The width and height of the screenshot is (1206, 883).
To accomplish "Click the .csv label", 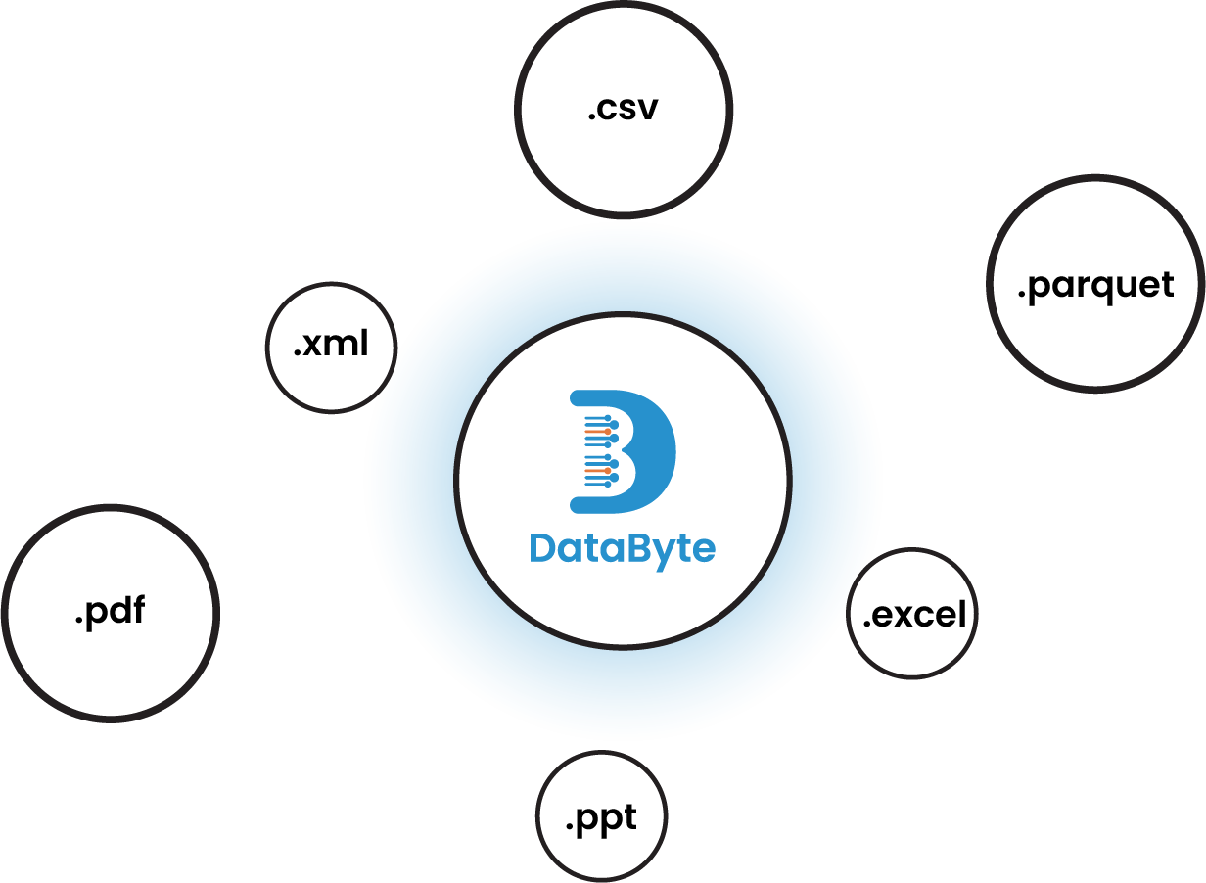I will click(624, 108).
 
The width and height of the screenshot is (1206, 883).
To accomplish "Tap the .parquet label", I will click(1094, 286).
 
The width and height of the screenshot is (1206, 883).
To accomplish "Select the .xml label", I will click(331, 345).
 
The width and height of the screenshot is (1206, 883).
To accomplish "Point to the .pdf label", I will click(110, 612).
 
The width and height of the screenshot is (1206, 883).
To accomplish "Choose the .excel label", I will click(914, 614).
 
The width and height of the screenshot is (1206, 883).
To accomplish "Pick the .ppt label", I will click(601, 818).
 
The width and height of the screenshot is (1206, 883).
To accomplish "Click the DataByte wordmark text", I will click(623, 548).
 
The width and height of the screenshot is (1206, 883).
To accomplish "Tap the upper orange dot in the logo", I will click(608, 431).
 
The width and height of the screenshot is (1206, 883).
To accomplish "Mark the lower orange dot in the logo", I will click(608, 470).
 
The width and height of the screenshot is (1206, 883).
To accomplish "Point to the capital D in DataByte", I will click(544, 547).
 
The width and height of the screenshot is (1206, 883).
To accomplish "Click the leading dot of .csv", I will click(592, 117).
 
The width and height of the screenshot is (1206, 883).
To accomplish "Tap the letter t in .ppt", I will click(629, 816).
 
